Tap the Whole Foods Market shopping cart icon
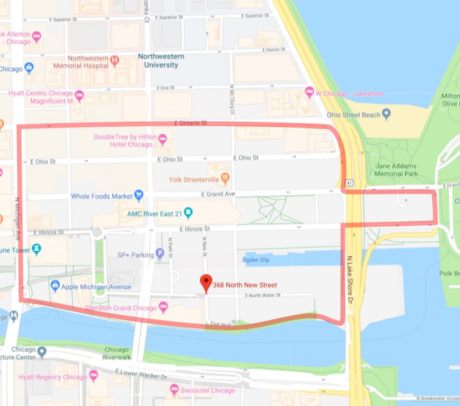[138, 196]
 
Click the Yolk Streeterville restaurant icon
[225, 177]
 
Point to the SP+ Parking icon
[160, 253]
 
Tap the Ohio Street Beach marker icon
[386, 114]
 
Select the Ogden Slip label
[257, 260]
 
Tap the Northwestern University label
[161, 61]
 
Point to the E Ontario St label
[191, 124]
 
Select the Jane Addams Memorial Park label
[396, 170]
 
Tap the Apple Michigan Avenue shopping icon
[55, 286]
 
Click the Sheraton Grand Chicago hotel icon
[163, 306]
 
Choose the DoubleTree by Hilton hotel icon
[162, 138]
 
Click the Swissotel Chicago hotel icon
[174, 390]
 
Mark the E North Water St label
[263, 295]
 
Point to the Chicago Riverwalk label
[116, 353]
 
